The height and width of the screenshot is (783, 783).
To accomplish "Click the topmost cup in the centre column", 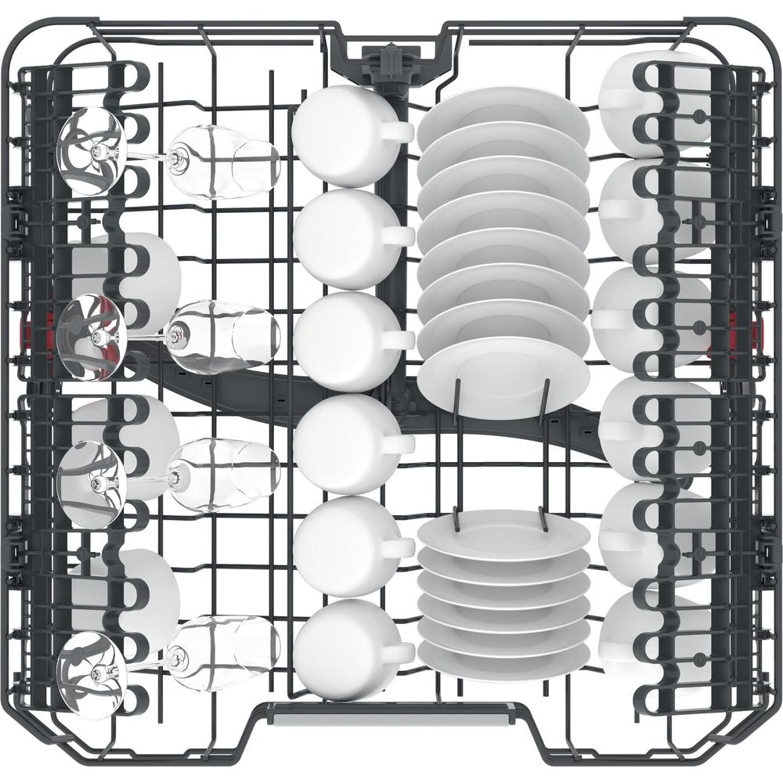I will point(338,135).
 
